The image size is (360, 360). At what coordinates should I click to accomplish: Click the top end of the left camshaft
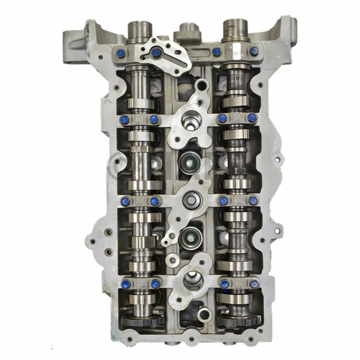click(137, 27)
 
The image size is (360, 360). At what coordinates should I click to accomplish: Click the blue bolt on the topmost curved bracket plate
click(156, 52)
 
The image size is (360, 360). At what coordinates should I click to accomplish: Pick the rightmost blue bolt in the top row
click(254, 51)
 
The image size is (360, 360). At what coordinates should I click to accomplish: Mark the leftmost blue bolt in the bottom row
click(124, 283)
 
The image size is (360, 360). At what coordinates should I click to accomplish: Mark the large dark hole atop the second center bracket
click(189, 118)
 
